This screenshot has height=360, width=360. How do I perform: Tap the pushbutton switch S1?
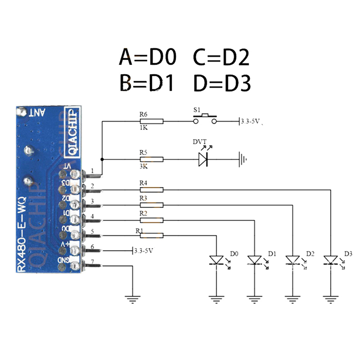pyautogui.click(x=205, y=118)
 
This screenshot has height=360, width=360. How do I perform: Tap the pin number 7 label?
pyautogui.click(x=92, y=261)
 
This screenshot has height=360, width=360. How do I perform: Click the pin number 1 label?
pyautogui.click(x=92, y=171)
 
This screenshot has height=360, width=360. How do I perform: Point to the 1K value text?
pyautogui.click(x=144, y=128)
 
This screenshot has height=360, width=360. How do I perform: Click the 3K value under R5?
pyautogui.click(x=144, y=166)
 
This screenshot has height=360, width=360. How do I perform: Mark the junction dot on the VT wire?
pyautogui.click(x=103, y=159)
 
